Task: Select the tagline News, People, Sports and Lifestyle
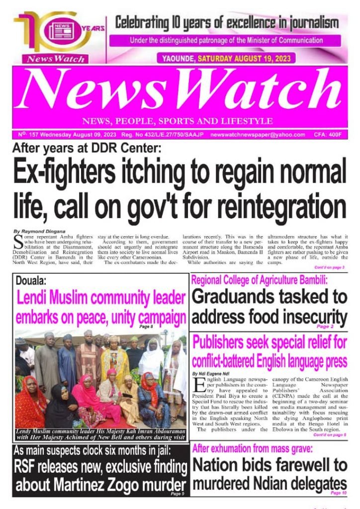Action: pos(178,121)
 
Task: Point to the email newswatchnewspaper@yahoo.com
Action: pos(258,135)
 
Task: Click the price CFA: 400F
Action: pos(329,135)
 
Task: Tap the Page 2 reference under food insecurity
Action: pos(326,327)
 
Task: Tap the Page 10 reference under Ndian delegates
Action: pos(338,493)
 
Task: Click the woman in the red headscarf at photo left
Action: pos(31,398)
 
